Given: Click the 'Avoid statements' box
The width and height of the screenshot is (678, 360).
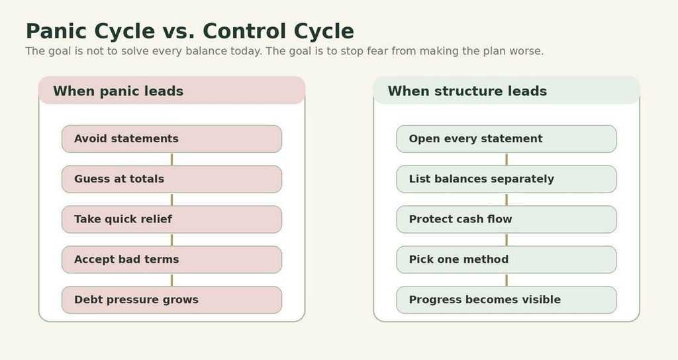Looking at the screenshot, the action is [x=171, y=139].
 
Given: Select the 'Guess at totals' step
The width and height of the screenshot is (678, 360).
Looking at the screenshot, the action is [x=171, y=179].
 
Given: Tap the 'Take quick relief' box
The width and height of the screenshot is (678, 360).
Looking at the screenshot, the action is [x=171, y=219].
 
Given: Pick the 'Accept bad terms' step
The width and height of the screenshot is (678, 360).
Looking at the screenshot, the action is [x=171, y=259].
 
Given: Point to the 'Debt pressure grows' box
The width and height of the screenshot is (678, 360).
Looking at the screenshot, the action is [x=171, y=300].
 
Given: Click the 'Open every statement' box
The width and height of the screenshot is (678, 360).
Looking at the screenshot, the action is [x=507, y=139].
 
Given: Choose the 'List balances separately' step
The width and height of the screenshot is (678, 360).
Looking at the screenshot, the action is [x=507, y=179].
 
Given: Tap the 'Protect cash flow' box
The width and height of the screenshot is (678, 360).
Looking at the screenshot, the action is [x=507, y=219].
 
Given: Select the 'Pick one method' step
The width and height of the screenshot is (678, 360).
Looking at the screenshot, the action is [x=507, y=259].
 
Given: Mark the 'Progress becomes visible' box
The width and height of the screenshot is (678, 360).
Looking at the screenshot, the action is [x=507, y=300].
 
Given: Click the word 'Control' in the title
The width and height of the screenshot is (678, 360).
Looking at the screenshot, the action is [x=244, y=31].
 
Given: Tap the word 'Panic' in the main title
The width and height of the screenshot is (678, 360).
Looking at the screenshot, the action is [x=56, y=31].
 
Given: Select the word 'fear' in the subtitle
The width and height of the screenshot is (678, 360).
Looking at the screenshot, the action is [x=378, y=51].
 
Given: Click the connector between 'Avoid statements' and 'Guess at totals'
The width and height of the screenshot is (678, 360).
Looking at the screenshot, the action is [x=171, y=159].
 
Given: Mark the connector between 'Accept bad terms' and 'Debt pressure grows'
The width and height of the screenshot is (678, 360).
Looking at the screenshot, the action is [x=171, y=280].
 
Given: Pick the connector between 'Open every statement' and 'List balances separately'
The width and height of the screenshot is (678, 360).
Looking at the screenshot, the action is [x=507, y=159].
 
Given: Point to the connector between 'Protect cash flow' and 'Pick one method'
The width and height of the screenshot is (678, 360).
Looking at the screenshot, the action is [x=507, y=240].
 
